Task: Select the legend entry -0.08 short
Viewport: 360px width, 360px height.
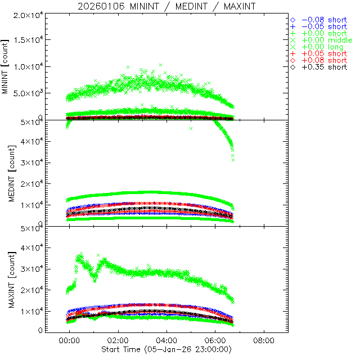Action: coord(324,20)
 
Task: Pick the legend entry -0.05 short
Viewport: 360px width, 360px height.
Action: coord(324,26)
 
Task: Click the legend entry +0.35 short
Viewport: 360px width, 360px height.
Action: coord(324,67)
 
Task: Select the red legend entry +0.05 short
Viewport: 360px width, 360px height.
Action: coord(324,53)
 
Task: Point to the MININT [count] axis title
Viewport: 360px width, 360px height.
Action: coord(6,67)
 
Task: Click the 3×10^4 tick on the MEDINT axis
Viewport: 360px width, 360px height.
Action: coord(26,163)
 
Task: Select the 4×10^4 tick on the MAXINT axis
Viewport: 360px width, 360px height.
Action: coord(26,247)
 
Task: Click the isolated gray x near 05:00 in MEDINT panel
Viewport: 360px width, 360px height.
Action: coord(191,129)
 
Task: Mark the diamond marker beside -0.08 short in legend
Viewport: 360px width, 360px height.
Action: coord(292,20)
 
